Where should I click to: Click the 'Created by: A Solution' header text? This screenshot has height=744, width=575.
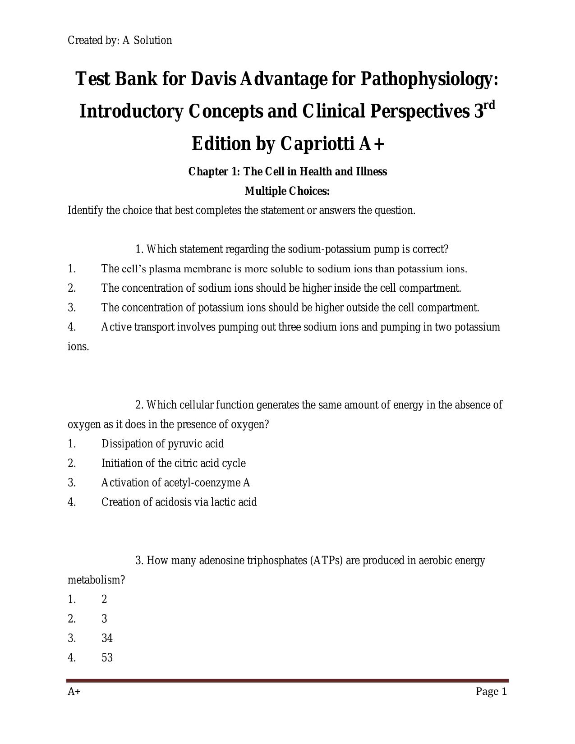(x=120, y=41)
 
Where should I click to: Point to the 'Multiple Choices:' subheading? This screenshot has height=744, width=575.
(x=287, y=191)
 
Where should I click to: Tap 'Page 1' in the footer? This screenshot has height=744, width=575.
(x=492, y=691)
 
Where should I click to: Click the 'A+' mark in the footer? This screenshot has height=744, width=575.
(x=74, y=691)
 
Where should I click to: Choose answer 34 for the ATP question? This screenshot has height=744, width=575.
(x=107, y=638)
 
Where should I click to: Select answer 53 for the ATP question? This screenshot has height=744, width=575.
(x=107, y=657)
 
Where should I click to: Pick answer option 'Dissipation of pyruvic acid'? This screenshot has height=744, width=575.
(x=162, y=444)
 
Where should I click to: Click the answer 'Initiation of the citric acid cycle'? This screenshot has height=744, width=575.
(x=173, y=463)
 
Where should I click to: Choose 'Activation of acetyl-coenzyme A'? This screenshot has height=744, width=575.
(x=175, y=482)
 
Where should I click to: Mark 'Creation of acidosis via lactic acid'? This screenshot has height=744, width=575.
(x=179, y=502)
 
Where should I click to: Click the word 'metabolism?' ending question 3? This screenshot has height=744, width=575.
(x=96, y=580)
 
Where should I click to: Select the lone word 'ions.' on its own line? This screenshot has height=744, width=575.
(x=78, y=347)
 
